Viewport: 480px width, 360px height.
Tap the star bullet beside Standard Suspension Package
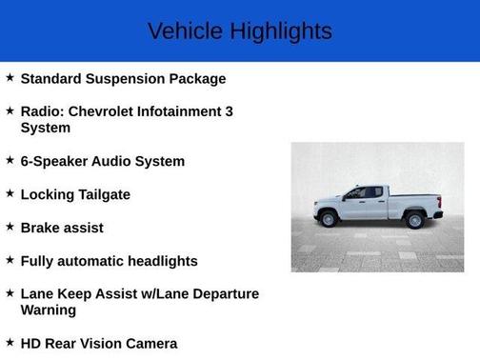point(10,77)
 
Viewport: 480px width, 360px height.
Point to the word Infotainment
point(178,111)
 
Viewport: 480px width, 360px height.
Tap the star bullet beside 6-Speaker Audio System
point(10,160)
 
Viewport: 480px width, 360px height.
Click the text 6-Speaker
point(53,161)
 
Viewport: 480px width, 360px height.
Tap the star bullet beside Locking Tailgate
point(10,193)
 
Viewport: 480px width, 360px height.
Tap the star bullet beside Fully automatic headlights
point(10,260)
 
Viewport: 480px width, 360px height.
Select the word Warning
point(49,310)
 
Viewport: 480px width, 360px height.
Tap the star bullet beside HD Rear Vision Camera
point(10,343)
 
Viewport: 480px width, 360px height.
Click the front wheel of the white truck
point(330,220)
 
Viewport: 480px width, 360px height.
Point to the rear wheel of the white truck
point(414,220)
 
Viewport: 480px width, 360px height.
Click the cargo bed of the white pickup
point(414,201)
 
